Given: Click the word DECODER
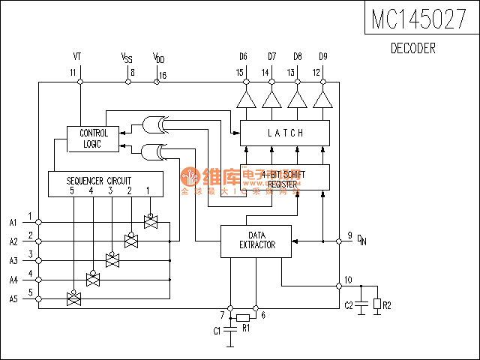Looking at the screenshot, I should [x=413, y=49].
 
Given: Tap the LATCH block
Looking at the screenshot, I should [x=285, y=133].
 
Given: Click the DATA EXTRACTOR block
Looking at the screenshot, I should [x=256, y=240].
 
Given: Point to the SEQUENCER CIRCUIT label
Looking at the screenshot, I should [x=98, y=181].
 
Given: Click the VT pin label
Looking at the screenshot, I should [x=78, y=56].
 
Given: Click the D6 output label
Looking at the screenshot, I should [x=243, y=56].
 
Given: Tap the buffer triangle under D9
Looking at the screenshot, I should [x=322, y=100].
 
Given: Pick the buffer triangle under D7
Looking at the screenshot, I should [x=270, y=100].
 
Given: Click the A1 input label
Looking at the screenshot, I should [x=13, y=222].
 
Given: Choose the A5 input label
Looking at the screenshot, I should [x=13, y=298].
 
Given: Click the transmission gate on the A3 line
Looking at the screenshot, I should [x=112, y=259].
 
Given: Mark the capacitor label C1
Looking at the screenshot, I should [x=217, y=331].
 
